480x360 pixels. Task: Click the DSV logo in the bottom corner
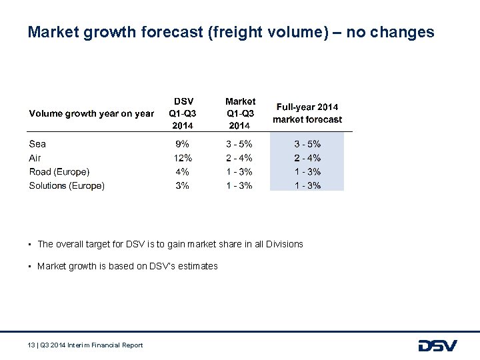coord(437,345)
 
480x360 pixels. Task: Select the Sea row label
coord(37,144)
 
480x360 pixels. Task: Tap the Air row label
coord(35,158)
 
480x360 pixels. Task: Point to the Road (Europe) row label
coord(59,172)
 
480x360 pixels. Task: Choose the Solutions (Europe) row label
coord(67,186)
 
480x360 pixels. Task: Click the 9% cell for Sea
coord(182,144)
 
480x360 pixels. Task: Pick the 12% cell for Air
coord(183,158)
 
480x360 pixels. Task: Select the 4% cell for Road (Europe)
coord(182,172)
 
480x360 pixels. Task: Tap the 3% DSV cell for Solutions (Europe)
coord(182,186)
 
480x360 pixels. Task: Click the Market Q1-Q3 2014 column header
coord(240,113)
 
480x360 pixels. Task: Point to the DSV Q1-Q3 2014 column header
coord(183,113)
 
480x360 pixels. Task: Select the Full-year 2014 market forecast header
coord(307,113)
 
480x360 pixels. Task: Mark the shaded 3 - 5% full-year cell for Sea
coord(307,144)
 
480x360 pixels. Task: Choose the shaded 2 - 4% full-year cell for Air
coord(307,158)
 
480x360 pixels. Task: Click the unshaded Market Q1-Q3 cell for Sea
coord(239,144)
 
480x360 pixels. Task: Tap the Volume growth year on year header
coord(91,114)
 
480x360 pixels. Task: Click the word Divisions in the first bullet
coord(284,244)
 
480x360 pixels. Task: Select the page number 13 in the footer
coord(31,345)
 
